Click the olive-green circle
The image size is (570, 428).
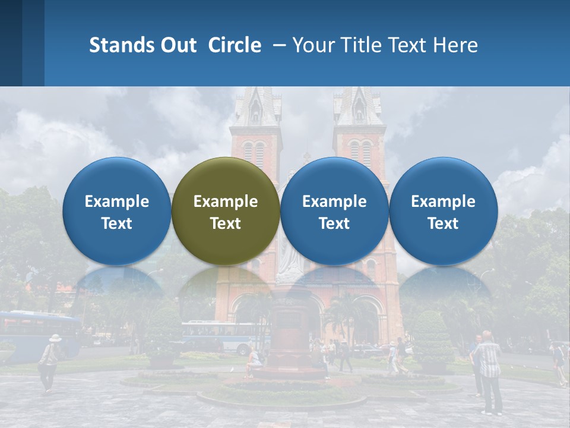click(225, 211)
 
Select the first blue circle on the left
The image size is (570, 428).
click(116, 211)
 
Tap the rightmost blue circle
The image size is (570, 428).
click(443, 211)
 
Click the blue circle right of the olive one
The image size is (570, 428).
click(334, 211)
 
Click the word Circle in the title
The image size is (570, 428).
click(235, 45)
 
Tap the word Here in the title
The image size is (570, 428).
click(457, 45)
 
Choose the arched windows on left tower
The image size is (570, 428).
click(254, 153)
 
